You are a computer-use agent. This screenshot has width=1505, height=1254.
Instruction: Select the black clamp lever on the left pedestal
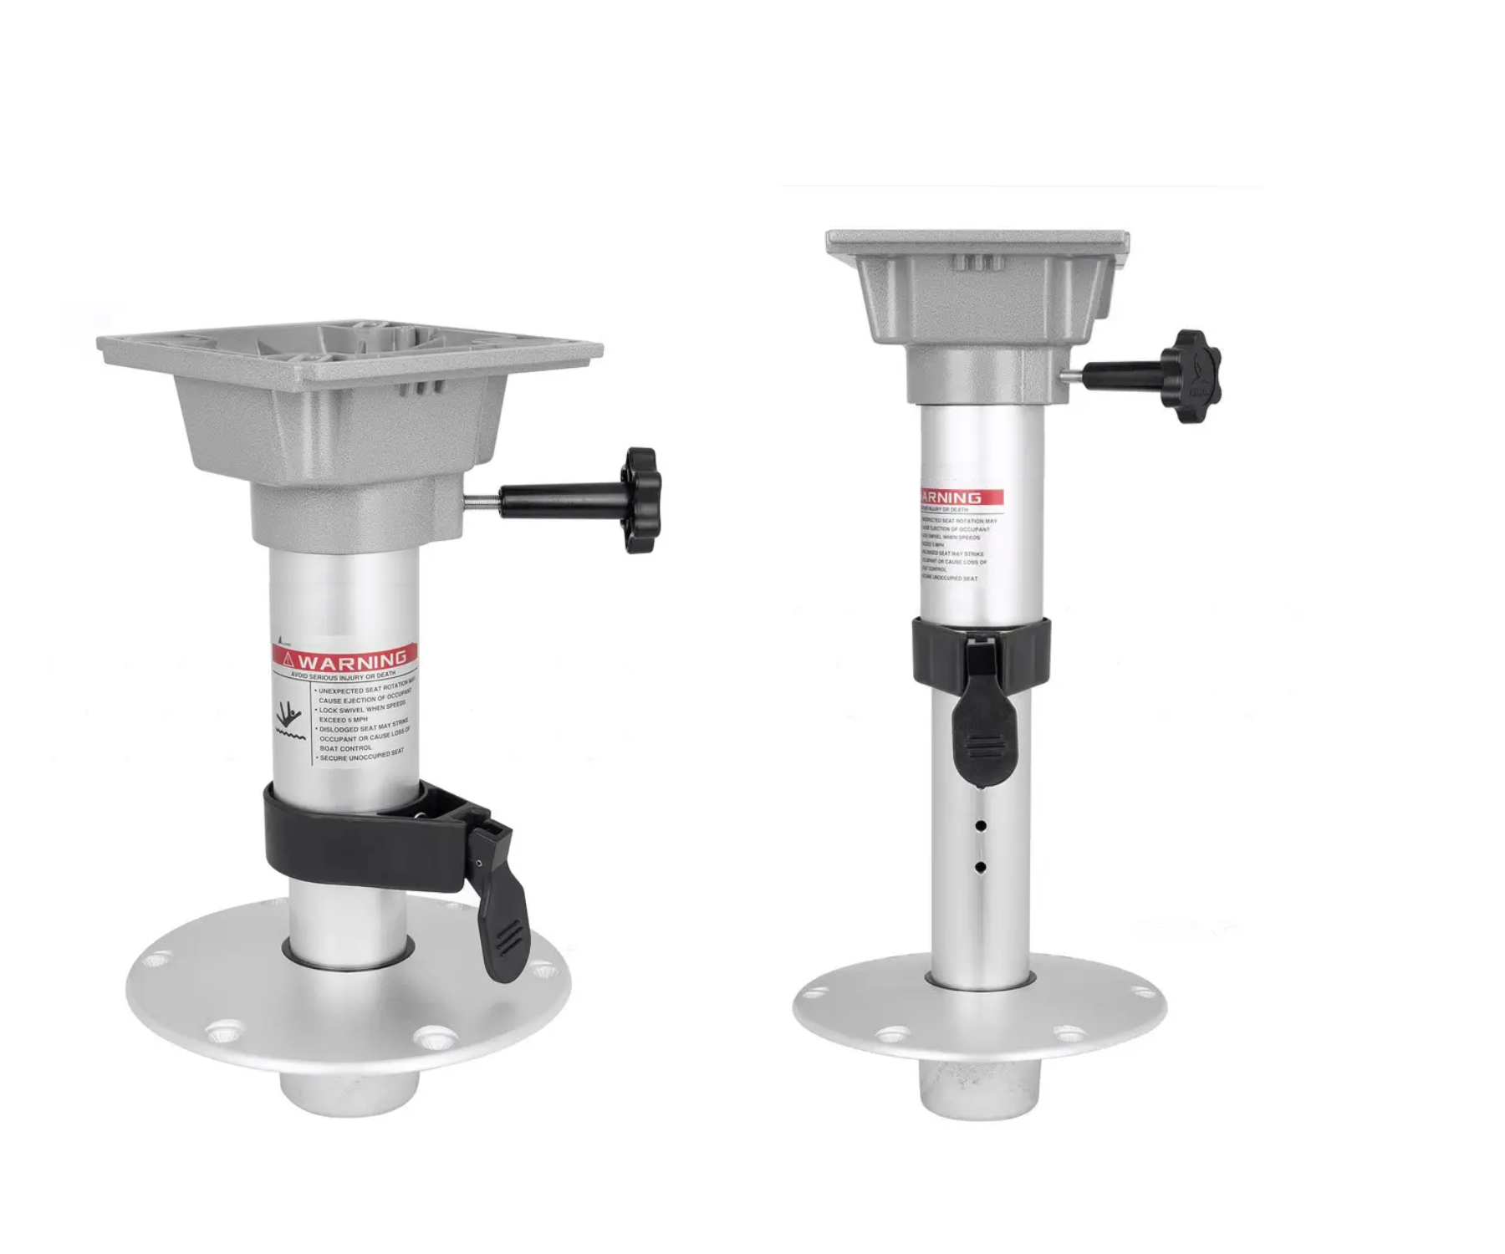[x=502, y=903]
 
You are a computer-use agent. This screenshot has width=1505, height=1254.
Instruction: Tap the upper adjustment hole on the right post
[x=981, y=826]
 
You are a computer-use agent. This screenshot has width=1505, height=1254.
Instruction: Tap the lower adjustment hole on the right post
[x=981, y=867]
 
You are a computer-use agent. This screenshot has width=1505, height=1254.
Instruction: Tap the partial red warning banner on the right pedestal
[x=962, y=497]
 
